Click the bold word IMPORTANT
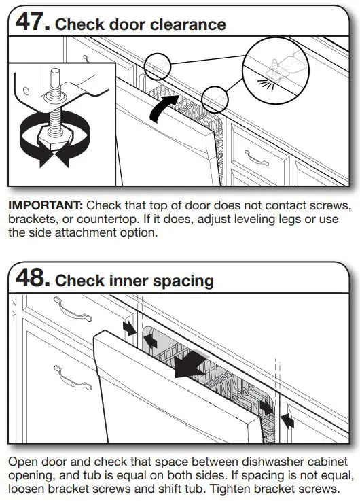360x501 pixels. pyautogui.click(x=46, y=205)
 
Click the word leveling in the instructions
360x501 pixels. pyautogui.click(x=263, y=219)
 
